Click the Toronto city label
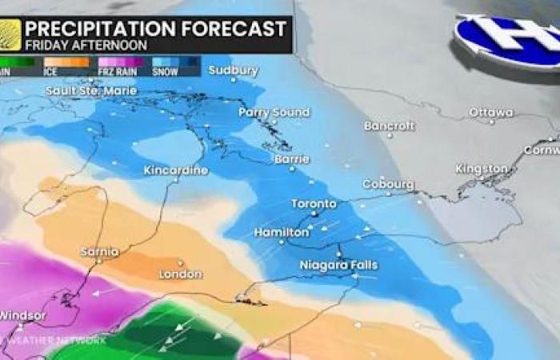(x=314, y=203)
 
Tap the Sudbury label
(x=233, y=70)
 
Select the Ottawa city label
(x=491, y=112)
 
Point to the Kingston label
(x=482, y=169)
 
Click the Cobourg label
(x=388, y=184)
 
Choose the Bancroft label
(x=390, y=126)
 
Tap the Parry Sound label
(x=274, y=113)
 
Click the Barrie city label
(x=291, y=159)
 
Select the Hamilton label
(x=282, y=232)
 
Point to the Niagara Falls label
(x=338, y=265)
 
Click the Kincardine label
(x=176, y=170)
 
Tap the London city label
(x=181, y=274)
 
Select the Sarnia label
(x=100, y=252)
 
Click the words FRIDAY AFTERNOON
(x=86, y=46)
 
